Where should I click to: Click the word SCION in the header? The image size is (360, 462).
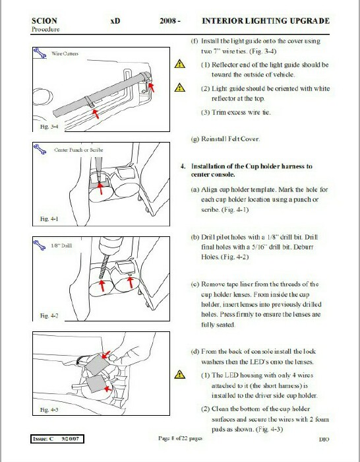point(44,21)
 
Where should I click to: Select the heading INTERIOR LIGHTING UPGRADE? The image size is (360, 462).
point(266,21)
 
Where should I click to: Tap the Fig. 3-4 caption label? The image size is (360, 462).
point(49,127)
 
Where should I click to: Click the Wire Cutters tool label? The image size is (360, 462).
point(65,53)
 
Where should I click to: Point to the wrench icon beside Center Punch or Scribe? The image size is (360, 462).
point(40,149)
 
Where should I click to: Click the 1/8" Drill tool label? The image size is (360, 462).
point(61,246)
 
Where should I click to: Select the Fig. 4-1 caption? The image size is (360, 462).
point(49,219)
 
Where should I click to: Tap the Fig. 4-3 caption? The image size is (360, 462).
point(49,410)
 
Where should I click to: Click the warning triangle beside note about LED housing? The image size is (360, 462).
point(180,374)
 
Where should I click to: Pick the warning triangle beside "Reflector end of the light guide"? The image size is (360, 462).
point(180,63)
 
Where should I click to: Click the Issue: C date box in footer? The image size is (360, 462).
point(57,439)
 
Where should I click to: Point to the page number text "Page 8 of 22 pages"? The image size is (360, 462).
point(180,438)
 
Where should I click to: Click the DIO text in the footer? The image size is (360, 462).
point(324,440)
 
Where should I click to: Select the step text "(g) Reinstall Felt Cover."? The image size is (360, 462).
point(225,139)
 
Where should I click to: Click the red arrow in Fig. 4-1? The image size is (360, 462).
point(100,188)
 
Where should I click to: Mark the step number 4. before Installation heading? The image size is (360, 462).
point(183,166)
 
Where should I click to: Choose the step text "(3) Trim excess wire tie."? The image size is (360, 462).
point(235,112)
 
